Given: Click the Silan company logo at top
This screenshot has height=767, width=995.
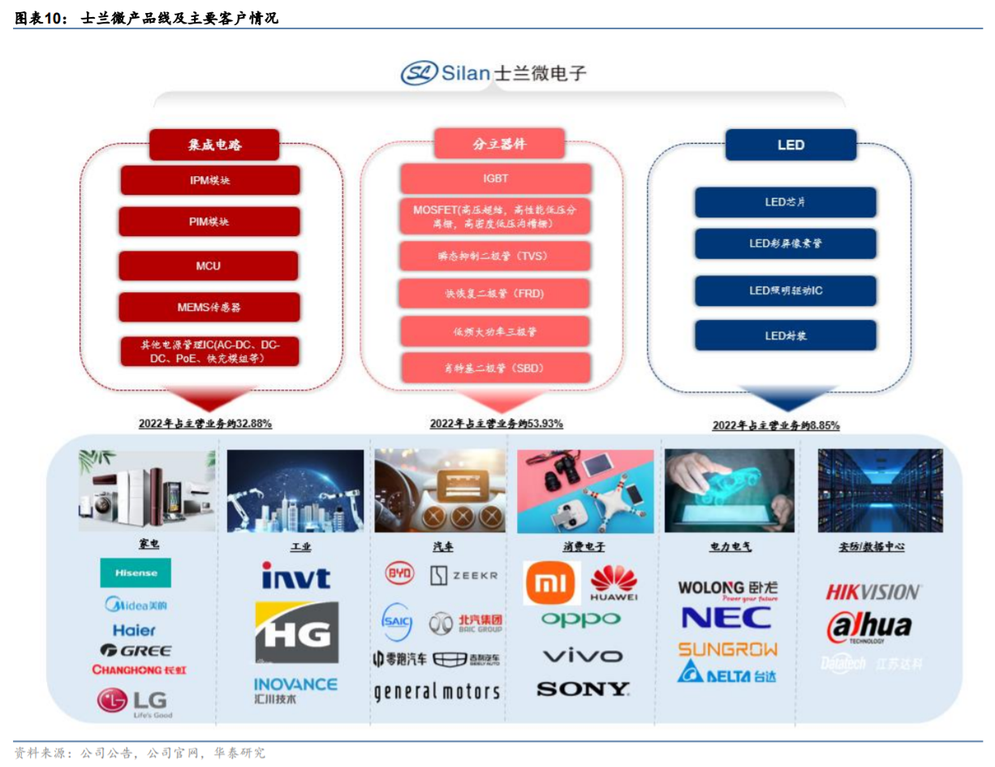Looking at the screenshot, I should pos(493,73).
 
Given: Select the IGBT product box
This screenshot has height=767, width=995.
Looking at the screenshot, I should pos(495,178).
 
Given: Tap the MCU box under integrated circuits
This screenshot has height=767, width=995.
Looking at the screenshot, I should pos(209,265).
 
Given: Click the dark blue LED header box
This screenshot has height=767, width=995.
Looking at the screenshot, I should pos(790,144).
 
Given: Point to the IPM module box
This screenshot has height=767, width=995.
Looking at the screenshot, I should pos(209,179).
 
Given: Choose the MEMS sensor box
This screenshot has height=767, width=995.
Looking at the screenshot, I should pos(209,308).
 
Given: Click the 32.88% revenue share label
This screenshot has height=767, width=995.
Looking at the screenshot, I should pos(205,423).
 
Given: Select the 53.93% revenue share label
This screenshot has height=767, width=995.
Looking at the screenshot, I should pos(496,423).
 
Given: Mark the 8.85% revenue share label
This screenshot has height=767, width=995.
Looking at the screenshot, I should pos(776,424).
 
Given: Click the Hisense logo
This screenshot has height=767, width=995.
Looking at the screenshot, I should pos(136,573).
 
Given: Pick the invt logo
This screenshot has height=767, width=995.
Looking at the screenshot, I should pos(295,575).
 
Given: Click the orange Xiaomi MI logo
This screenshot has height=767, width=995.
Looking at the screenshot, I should pos(552,583).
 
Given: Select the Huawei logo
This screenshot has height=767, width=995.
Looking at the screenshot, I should pos(614,583).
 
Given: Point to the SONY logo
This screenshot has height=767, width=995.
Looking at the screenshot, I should pos(583,689).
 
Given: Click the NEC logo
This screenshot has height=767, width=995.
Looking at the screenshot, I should pos(726,618).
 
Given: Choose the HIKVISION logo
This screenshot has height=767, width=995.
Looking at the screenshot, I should pos(872,592).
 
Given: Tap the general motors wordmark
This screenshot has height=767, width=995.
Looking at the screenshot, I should pos(437,692).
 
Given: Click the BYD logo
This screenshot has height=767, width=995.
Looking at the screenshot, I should pos(398,574).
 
